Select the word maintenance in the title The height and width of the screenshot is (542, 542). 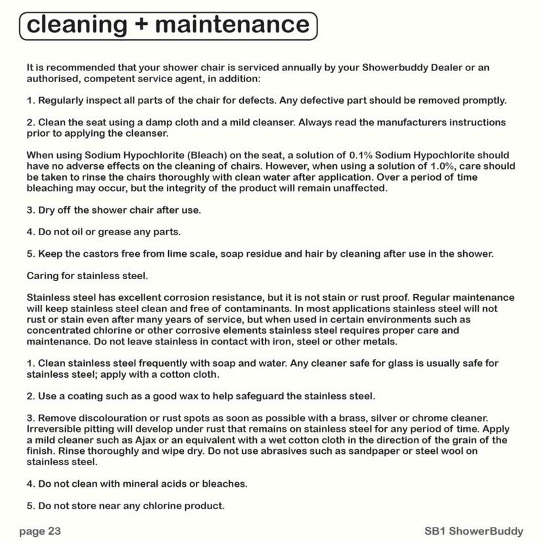click(x=232, y=26)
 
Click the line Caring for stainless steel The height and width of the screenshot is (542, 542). click(x=87, y=275)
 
